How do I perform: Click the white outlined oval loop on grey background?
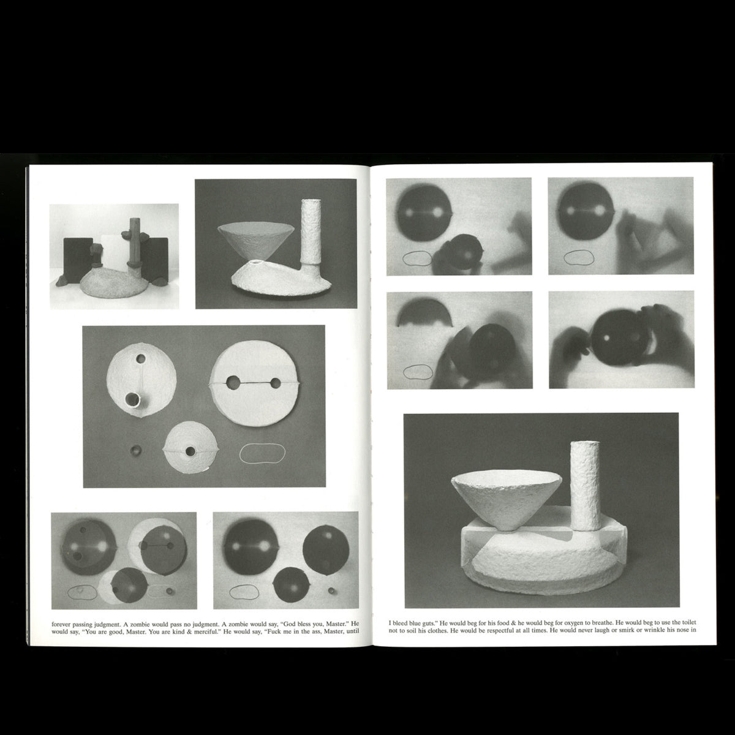(x=262, y=453)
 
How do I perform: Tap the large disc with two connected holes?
(x=255, y=383)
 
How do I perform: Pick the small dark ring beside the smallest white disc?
(x=135, y=450)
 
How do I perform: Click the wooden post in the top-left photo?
(x=134, y=241)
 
